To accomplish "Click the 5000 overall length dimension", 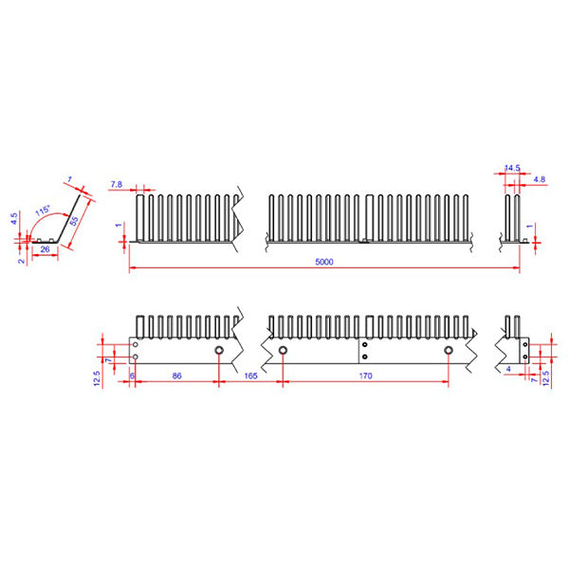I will (x=324, y=263).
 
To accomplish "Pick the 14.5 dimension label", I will (x=512, y=168).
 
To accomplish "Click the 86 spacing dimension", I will (x=176, y=376).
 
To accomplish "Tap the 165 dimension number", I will (x=250, y=376).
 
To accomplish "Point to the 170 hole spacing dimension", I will (x=365, y=376).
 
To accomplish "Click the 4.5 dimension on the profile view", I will (x=14, y=217).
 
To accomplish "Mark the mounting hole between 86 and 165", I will (x=219, y=351).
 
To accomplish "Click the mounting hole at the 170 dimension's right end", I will (x=448, y=351).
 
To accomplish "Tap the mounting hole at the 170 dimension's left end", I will (x=283, y=351).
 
